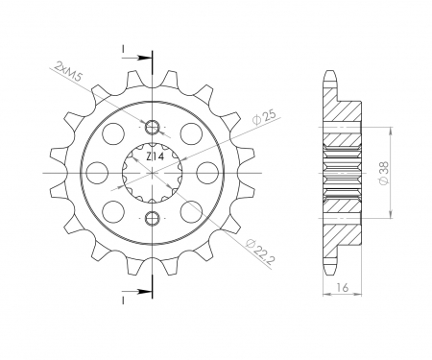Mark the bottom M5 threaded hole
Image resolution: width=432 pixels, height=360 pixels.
tap(153, 216)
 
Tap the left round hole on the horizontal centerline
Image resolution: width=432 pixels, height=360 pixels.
tap(98, 171)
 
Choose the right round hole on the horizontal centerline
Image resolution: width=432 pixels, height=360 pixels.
tap(207, 171)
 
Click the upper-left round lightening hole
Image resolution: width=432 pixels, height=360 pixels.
tap(114, 132)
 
